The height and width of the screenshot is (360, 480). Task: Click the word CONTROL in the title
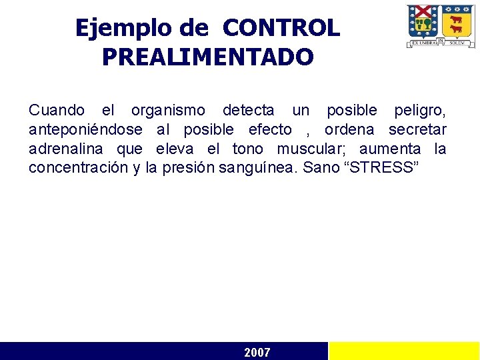click(281, 28)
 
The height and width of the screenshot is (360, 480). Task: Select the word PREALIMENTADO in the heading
click(207, 57)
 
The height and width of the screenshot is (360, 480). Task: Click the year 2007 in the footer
click(257, 352)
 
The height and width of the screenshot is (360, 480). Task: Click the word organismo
click(168, 110)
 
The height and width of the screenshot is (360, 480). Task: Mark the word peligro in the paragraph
click(420, 110)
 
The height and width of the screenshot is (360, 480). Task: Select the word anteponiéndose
click(85, 129)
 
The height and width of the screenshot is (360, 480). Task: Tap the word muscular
click(311, 149)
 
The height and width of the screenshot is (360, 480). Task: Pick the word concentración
click(78, 167)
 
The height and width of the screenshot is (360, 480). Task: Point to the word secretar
click(417, 129)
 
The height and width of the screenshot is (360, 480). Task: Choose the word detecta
click(248, 110)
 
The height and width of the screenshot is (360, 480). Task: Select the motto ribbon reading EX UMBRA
click(424, 42)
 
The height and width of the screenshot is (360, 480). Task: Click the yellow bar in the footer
click(404, 351)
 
